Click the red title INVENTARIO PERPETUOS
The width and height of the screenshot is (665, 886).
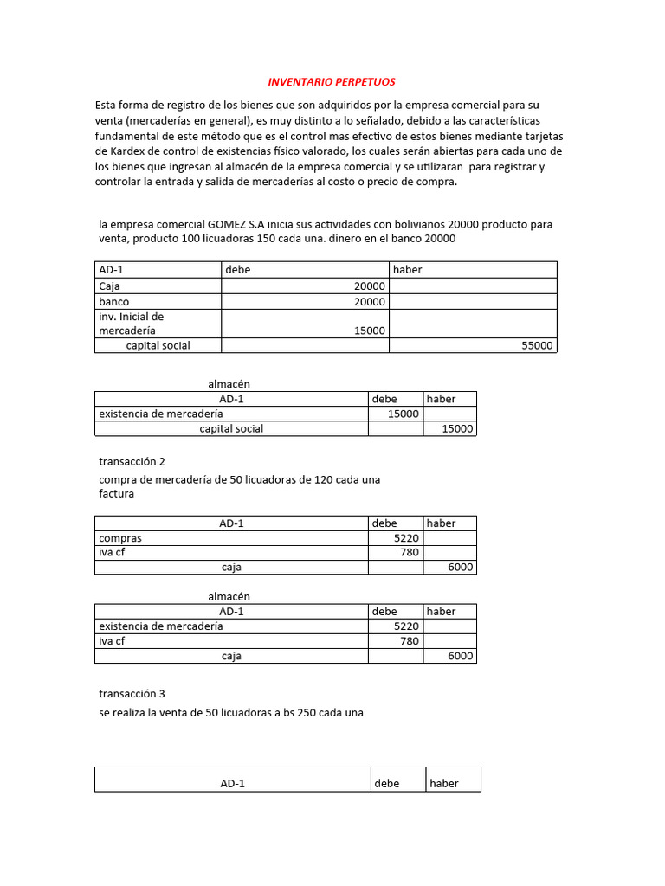(331, 82)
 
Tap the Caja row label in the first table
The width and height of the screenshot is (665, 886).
(109, 286)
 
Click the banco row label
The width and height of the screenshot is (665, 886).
(114, 302)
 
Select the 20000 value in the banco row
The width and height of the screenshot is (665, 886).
(370, 302)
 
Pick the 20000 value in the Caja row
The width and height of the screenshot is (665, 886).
(370, 286)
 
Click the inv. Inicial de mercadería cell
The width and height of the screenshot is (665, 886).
(132, 324)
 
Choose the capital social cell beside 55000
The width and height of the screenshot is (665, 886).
(158, 345)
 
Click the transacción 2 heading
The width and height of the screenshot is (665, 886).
(132, 461)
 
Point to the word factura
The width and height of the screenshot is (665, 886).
(117, 494)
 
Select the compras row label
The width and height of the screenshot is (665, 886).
(120, 538)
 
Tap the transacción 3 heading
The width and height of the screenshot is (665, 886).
(132, 693)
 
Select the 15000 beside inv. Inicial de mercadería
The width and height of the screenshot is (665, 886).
(370, 331)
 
